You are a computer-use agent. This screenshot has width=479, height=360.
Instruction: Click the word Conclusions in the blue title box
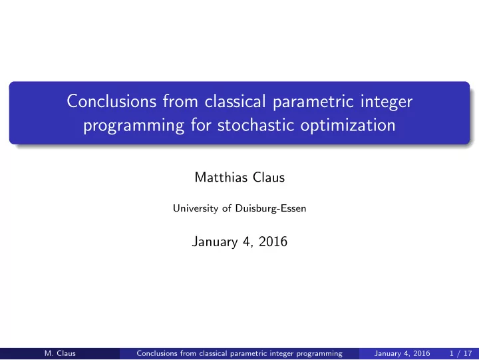(112, 101)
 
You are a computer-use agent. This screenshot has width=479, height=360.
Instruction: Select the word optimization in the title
(348, 126)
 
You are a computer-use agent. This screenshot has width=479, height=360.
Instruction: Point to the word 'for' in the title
(201, 125)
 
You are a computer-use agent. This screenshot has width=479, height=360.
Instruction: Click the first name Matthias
(221, 177)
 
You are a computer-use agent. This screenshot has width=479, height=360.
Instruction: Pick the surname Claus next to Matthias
(269, 177)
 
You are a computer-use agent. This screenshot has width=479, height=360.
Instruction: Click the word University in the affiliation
(195, 208)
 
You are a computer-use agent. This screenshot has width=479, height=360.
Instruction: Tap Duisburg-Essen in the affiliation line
(271, 208)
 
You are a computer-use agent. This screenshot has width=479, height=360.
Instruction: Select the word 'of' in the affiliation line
(227, 208)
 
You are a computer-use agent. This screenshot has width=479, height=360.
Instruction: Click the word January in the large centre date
(215, 242)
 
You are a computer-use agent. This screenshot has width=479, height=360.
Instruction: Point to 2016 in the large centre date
(273, 242)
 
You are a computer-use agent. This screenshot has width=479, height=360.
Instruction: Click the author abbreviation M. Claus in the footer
(60, 353)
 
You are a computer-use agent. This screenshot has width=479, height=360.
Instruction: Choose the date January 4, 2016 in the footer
(402, 353)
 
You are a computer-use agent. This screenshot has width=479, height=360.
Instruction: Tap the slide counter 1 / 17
(460, 353)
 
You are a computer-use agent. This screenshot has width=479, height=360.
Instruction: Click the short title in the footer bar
(239, 353)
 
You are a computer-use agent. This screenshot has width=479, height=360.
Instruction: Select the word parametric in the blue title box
(313, 102)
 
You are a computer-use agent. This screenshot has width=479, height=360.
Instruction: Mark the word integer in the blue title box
(387, 102)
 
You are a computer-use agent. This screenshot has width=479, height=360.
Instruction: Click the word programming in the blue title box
(134, 126)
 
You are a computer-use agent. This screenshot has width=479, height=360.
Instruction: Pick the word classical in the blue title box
(235, 101)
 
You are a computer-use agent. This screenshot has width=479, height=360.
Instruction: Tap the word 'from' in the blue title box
(180, 101)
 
